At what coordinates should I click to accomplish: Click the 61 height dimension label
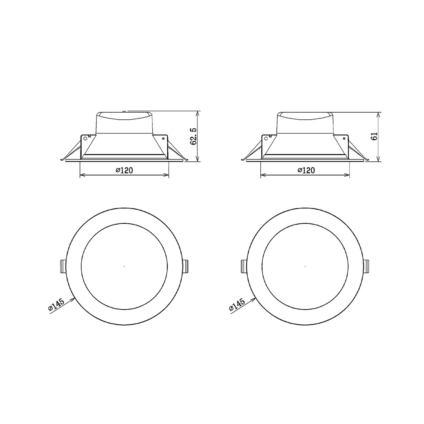point(374,136)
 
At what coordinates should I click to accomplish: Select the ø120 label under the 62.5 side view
point(124,170)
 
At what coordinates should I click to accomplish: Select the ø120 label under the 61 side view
point(305,170)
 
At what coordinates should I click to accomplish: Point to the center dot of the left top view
point(124,267)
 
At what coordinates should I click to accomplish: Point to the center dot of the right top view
point(305,267)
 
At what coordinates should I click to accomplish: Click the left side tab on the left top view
point(62,266)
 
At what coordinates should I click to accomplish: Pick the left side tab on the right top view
point(243,266)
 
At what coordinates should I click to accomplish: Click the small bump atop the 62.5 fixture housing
point(124,111)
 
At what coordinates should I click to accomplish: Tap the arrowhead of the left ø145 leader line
point(73,299)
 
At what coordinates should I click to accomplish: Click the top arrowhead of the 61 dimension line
point(378,114)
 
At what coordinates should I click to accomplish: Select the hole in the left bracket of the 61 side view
point(267,138)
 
